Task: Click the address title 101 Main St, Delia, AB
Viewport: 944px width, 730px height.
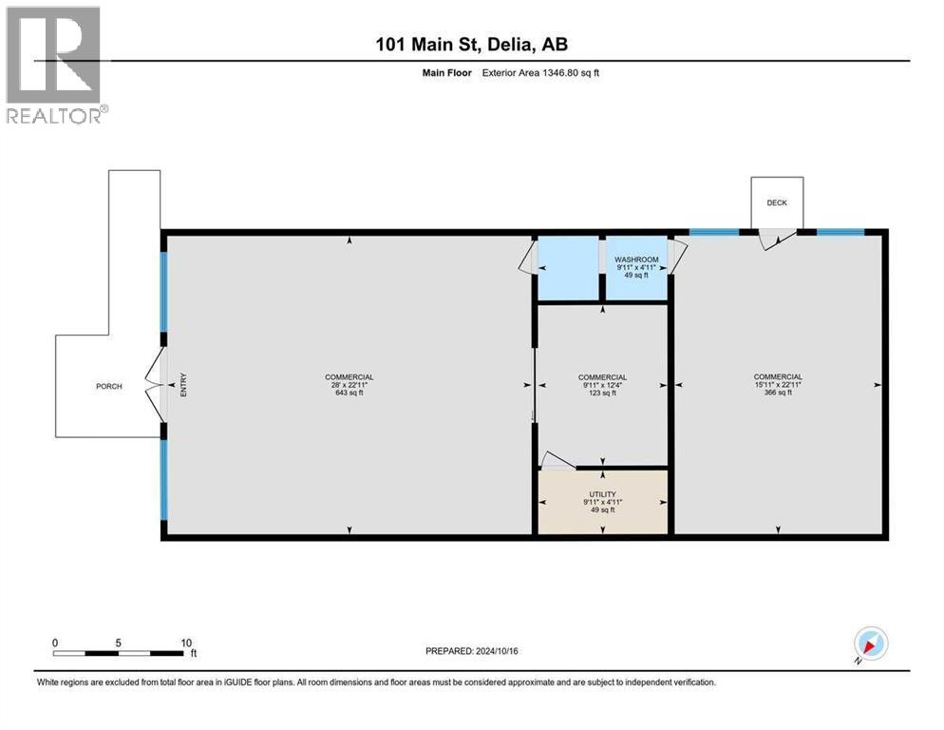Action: coord(471,44)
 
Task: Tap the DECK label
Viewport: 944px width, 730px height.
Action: coord(777,202)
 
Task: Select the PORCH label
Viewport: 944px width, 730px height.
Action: coord(109,386)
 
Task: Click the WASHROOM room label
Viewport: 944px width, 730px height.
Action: coord(636,259)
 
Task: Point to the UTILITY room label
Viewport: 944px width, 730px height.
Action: coord(602,494)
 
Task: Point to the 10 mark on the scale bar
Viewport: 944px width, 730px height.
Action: coord(186,642)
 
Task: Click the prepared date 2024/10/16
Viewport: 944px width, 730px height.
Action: coord(474,651)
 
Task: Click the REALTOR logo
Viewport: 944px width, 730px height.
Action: coord(55,65)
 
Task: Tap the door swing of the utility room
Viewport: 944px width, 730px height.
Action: coord(556,461)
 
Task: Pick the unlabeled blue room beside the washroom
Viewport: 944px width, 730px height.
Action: coord(567,268)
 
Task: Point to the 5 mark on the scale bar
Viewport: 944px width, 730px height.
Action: coord(119,642)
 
